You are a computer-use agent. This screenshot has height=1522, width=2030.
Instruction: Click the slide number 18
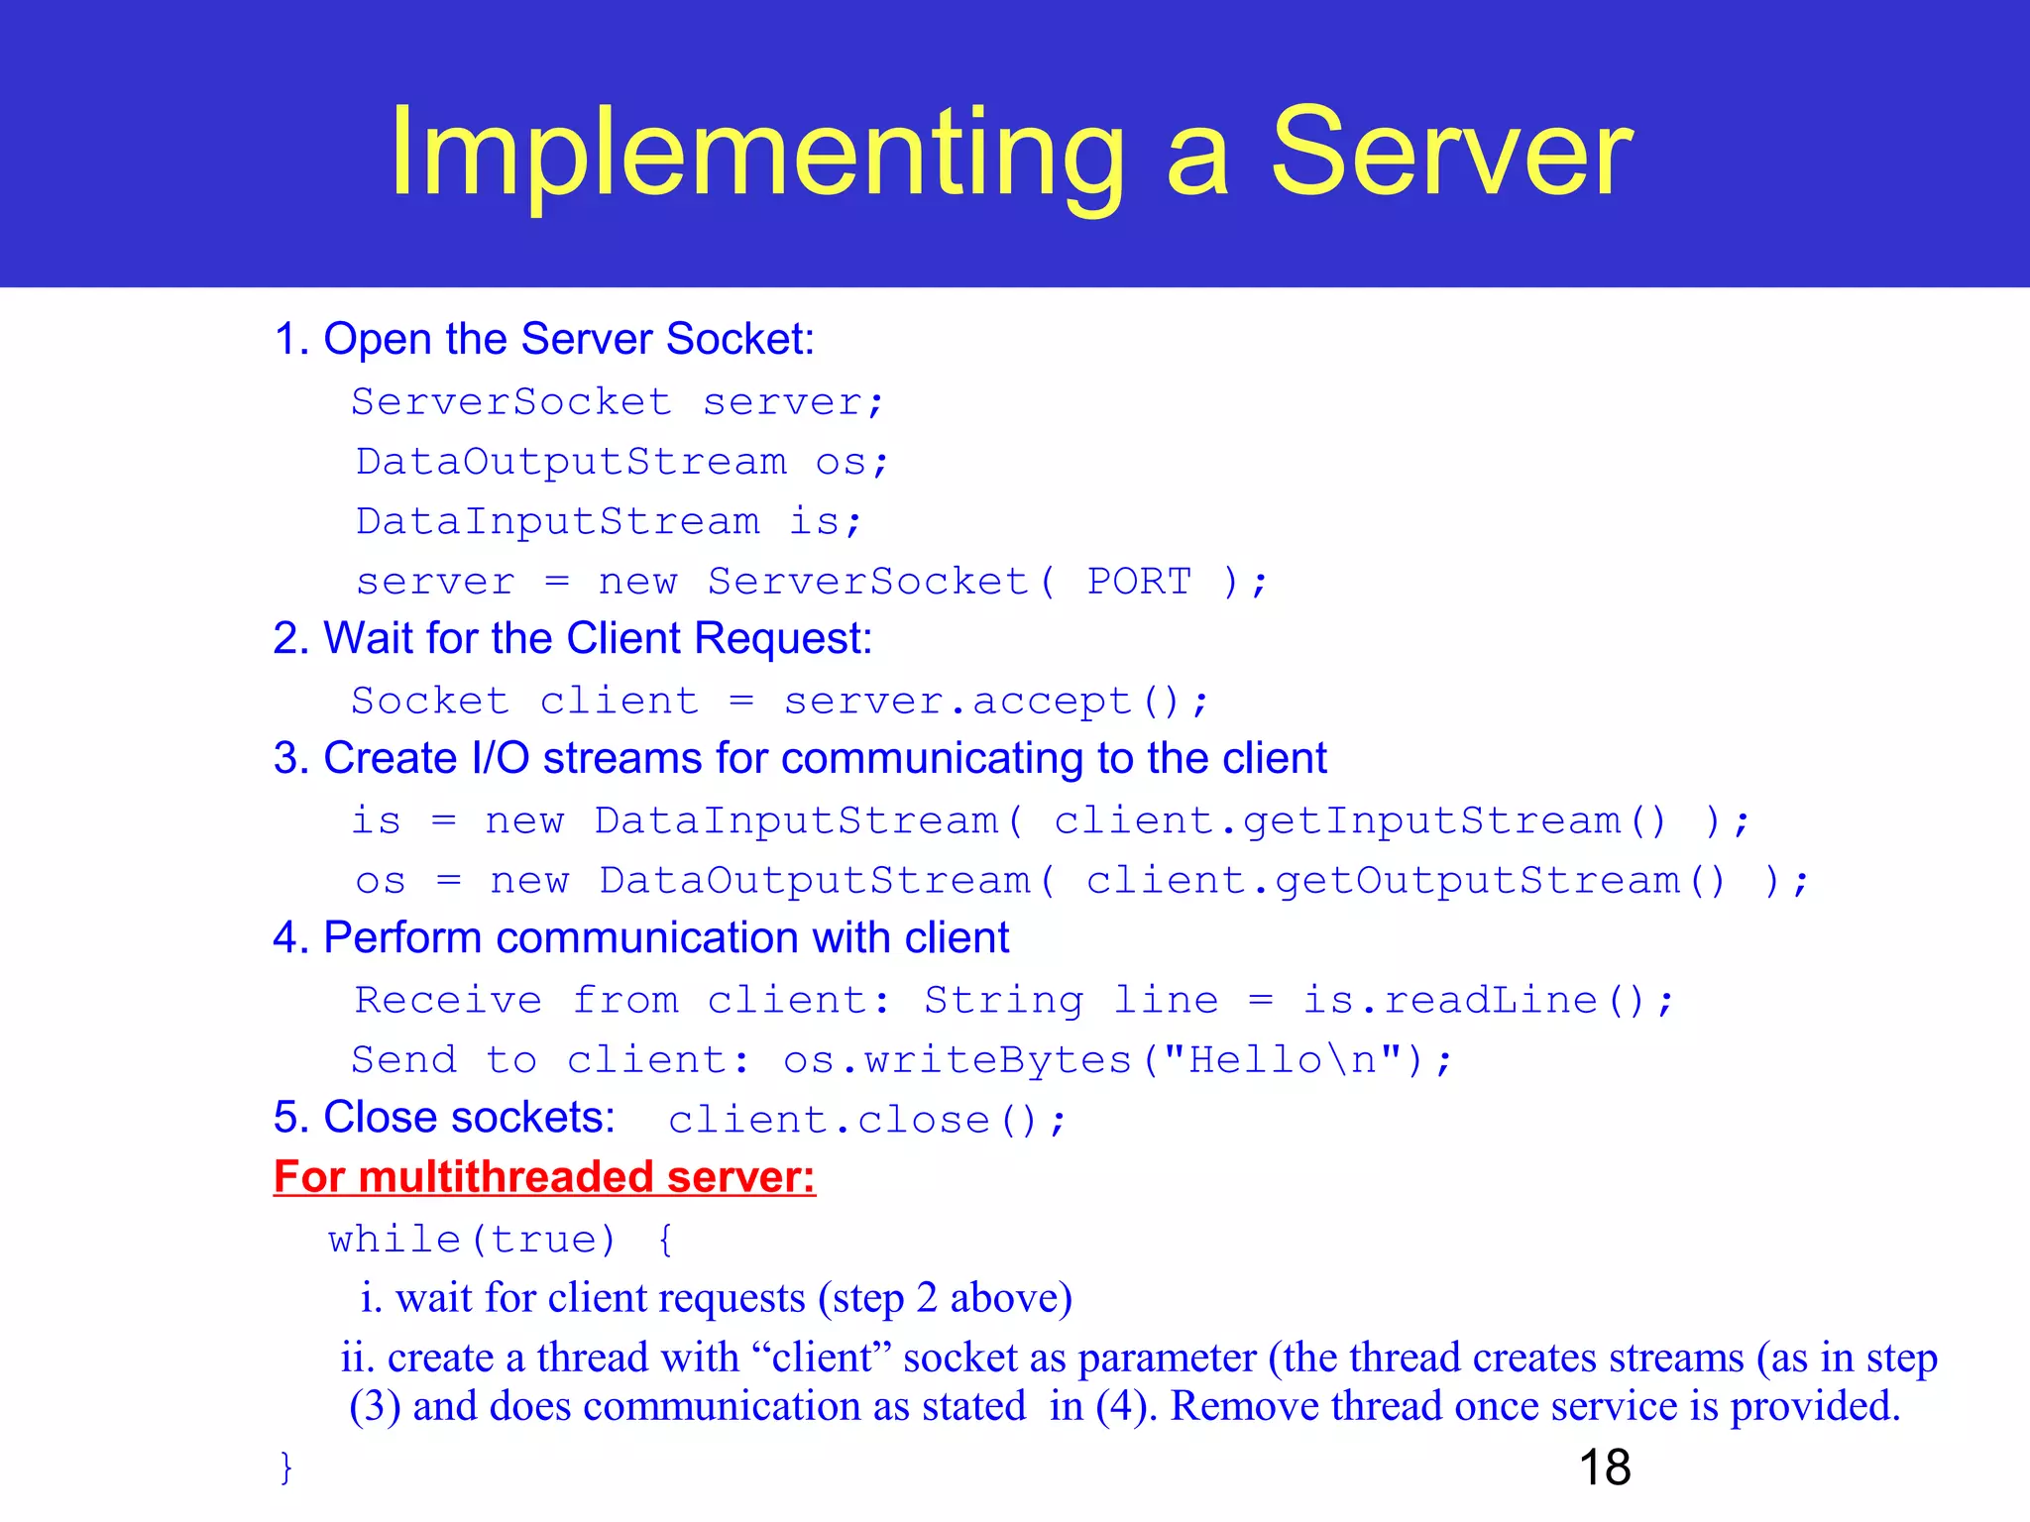point(1604,1468)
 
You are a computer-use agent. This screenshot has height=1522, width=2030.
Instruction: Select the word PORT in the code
point(1139,582)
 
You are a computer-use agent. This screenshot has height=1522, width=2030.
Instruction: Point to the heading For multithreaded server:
point(544,1177)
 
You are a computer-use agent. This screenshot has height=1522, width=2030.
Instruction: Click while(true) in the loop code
point(472,1240)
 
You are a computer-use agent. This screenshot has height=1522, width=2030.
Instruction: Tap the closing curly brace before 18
point(285,1468)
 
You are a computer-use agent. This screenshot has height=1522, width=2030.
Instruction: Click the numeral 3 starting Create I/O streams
point(286,759)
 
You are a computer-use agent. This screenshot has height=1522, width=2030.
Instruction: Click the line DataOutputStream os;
point(621,463)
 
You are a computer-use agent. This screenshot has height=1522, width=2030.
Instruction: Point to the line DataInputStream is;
point(608,522)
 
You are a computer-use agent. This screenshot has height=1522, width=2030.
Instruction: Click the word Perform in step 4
point(401,938)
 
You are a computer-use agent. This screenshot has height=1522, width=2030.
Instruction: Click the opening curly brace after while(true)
point(664,1240)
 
